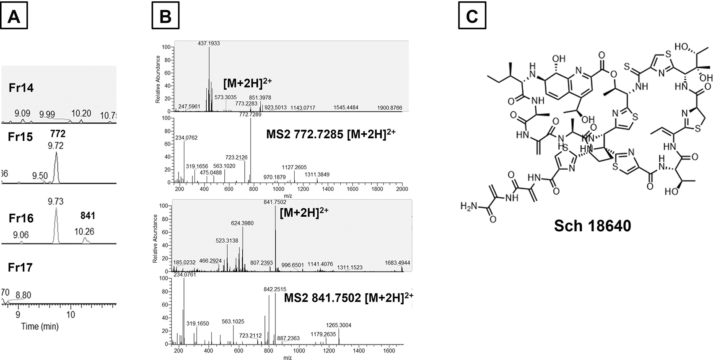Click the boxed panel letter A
pos(14,15)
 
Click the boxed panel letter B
pos(166,15)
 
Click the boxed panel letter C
pos(472,15)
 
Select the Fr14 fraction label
pos(21,88)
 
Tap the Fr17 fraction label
pos(21,267)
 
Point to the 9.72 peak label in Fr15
pos(56,146)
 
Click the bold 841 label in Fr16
pos(88,216)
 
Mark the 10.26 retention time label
pos(84,231)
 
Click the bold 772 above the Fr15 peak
pos(57,134)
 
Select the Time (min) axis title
pos(40,326)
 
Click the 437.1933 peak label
pos(208,43)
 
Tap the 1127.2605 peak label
pos(294,167)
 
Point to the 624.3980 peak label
pos(242,223)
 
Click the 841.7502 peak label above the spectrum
pos(275,202)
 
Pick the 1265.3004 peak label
pos(339,325)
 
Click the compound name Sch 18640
pos(592,225)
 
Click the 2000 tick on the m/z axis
pos(402,189)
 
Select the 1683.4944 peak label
pos(397,263)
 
